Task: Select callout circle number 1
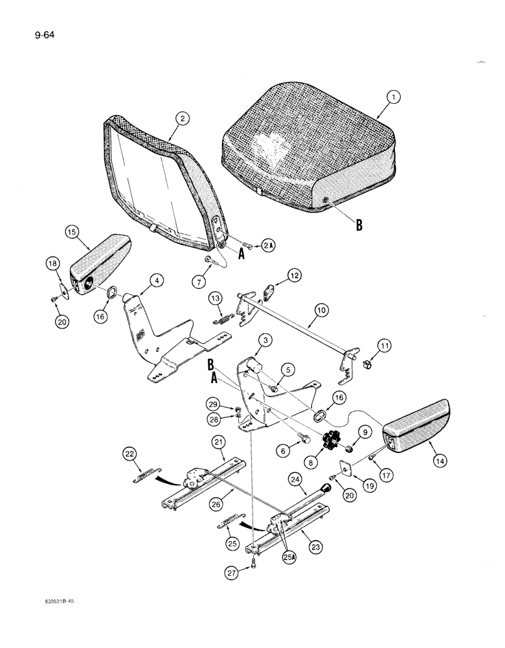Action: point(392,98)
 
